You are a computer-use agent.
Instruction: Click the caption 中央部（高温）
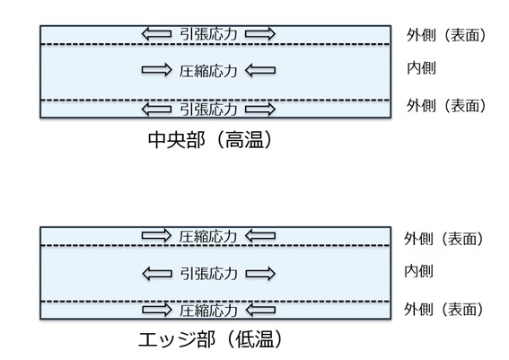point(208,140)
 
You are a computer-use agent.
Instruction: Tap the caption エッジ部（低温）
point(208,341)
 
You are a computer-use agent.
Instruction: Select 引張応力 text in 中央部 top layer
point(208,34)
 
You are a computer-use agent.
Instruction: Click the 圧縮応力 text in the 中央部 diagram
point(208,68)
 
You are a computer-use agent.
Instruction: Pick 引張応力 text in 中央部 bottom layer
point(208,109)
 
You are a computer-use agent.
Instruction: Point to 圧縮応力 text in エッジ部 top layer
point(208,236)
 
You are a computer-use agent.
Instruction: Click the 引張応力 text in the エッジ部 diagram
point(208,271)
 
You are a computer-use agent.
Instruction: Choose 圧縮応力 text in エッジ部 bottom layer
point(208,311)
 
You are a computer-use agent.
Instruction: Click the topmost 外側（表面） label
point(446,35)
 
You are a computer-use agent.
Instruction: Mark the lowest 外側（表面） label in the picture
point(444,309)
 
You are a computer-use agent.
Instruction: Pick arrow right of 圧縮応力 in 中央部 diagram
point(260,68)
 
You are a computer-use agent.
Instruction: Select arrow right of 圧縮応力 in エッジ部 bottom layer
point(260,311)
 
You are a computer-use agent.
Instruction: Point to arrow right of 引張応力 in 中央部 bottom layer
point(260,109)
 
